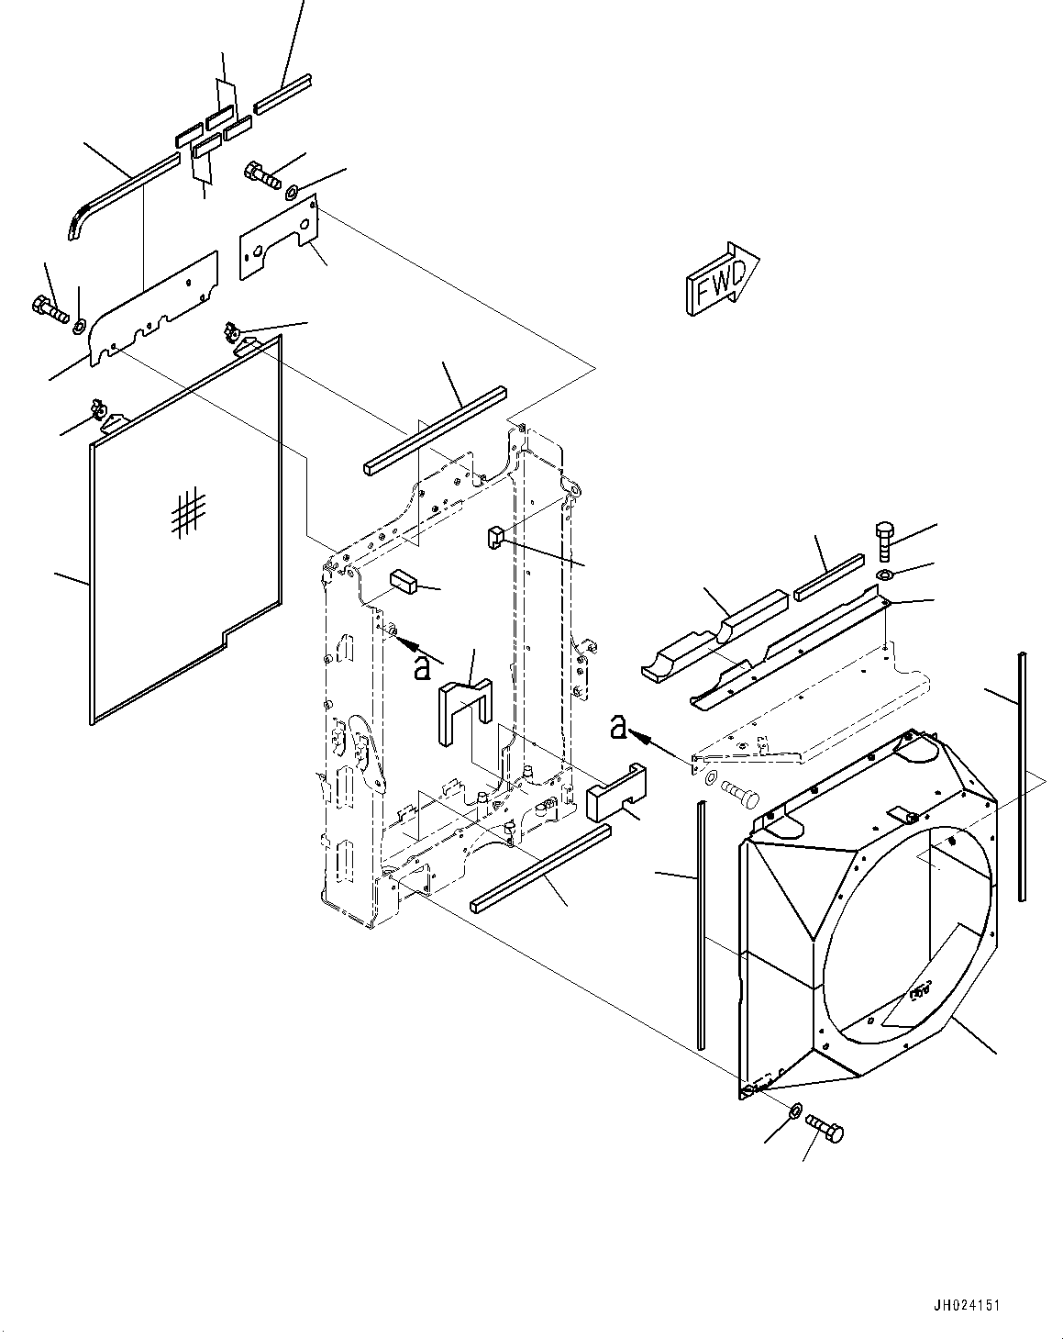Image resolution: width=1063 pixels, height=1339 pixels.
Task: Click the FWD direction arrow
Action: click(x=723, y=278)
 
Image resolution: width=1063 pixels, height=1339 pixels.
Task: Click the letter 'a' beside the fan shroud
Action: click(x=618, y=727)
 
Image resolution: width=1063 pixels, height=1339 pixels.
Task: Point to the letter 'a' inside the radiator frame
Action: click(x=422, y=668)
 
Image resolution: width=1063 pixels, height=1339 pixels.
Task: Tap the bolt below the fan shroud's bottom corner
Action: click(x=825, y=1128)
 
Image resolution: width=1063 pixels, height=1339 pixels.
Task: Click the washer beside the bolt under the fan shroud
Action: click(x=795, y=1110)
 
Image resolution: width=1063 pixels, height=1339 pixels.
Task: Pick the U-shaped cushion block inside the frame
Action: click(x=465, y=712)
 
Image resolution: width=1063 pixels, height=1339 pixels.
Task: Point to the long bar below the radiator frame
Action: click(x=540, y=868)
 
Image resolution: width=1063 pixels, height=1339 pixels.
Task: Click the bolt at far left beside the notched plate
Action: click(x=50, y=308)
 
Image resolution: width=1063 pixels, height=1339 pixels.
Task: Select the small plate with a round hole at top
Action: click(x=279, y=237)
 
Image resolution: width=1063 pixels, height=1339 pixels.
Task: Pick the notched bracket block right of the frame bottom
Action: click(x=616, y=791)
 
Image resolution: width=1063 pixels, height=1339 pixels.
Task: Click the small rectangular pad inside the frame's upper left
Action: click(x=404, y=581)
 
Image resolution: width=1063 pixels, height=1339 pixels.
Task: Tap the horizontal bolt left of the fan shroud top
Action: click(x=739, y=796)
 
